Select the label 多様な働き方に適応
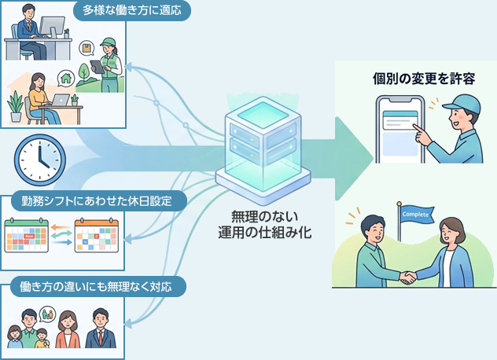click(130, 11)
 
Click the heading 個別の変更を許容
click(412, 79)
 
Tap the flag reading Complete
click(414, 214)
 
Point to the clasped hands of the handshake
click(407, 276)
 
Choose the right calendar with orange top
click(96, 235)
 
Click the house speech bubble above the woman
click(64, 78)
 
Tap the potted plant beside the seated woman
click(15, 105)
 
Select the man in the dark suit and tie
click(100, 330)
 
